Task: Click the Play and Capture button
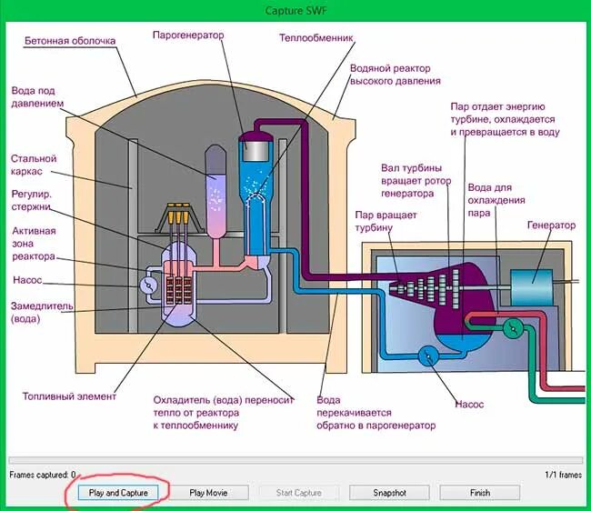(117, 493)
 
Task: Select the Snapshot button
(389, 493)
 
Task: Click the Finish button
(479, 493)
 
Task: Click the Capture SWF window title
(295, 8)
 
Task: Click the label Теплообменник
(316, 39)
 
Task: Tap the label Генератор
(551, 225)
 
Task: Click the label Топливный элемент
(70, 396)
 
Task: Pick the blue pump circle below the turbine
(425, 356)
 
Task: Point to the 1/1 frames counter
(562, 475)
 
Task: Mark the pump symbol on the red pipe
(516, 328)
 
